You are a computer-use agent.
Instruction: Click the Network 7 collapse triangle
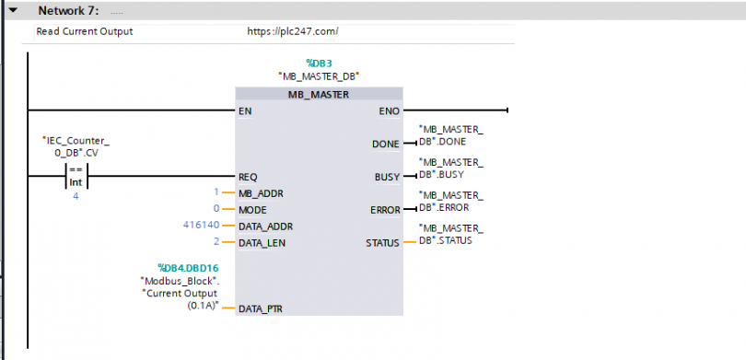pos(12,10)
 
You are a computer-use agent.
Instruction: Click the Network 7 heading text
pos(68,10)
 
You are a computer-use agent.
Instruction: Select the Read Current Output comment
pos(85,32)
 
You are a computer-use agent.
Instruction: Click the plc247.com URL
pos(293,32)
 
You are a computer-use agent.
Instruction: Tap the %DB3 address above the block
pos(319,64)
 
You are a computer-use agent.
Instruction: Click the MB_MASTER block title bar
pos(319,94)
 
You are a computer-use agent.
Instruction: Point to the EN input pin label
pos(246,111)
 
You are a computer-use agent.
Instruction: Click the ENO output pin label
pos(390,111)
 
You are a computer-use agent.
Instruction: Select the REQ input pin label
pos(248,177)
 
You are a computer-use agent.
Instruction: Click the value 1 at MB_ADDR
pos(216,192)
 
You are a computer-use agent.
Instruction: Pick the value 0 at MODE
pos(216,209)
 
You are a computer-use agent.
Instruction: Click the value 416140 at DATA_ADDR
pos(202,226)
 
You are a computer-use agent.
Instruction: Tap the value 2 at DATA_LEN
pos(216,242)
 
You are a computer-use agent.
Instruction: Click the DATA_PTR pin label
pos(261,309)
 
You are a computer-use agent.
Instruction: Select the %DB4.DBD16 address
pos(188,268)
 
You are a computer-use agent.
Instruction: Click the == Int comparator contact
pos(76,176)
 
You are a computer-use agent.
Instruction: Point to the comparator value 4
pos(76,196)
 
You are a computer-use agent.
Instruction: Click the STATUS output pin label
pos(382,243)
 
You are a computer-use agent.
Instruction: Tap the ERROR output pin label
pos(385,210)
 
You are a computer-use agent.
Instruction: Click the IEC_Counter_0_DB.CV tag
pos(76,146)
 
